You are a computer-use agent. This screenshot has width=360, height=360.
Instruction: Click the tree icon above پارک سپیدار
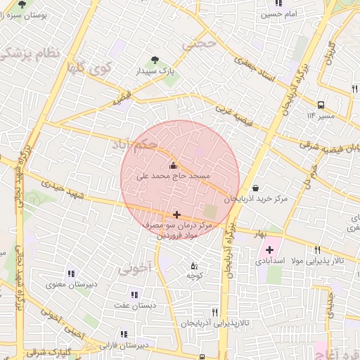pyautogui.click(x=155, y=60)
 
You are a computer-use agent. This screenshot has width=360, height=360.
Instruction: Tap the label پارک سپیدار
pyautogui.click(x=155, y=72)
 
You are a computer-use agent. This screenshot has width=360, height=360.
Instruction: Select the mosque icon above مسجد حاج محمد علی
pyautogui.click(x=174, y=165)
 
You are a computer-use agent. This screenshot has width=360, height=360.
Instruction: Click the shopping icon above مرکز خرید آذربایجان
pyautogui.click(x=255, y=188)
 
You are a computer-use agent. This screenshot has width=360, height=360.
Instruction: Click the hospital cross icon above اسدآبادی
pyautogui.click(x=269, y=250)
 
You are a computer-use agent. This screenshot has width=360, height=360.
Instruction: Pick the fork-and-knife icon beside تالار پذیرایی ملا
pyautogui.click(x=318, y=250)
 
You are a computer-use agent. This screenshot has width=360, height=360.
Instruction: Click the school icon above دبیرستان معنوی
pyautogui.click(x=70, y=274)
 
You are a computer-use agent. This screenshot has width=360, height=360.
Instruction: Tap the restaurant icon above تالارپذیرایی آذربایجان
pyautogui.click(x=215, y=312)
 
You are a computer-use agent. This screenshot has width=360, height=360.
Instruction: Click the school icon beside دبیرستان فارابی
pyautogui.click(x=124, y=335)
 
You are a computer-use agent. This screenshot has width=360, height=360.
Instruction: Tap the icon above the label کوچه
pyautogui.click(x=195, y=266)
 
